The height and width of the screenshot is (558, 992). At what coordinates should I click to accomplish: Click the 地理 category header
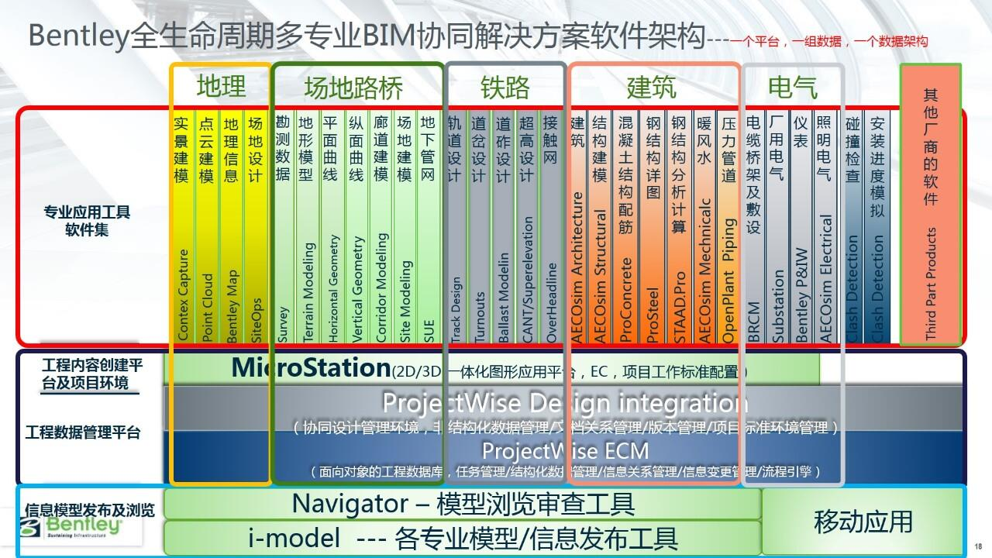[x=221, y=87]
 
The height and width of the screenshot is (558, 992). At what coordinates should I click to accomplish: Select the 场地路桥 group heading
[x=353, y=88]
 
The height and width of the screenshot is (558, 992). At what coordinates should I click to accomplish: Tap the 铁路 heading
[x=505, y=88]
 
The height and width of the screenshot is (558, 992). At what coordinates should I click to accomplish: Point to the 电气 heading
[x=792, y=88]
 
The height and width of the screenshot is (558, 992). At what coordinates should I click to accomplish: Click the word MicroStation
[x=311, y=367]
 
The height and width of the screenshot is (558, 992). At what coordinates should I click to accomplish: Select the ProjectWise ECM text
[x=565, y=450]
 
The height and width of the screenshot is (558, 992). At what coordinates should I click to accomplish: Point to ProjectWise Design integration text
[x=565, y=403]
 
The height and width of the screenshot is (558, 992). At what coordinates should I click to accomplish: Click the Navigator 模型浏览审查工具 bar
[x=463, y=505]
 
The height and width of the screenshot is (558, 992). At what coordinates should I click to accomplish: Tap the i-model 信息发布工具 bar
[x=463, y=536]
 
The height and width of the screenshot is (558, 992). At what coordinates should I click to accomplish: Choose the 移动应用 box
[x=863, y=521]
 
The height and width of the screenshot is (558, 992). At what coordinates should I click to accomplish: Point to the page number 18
[x=977, y=546]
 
